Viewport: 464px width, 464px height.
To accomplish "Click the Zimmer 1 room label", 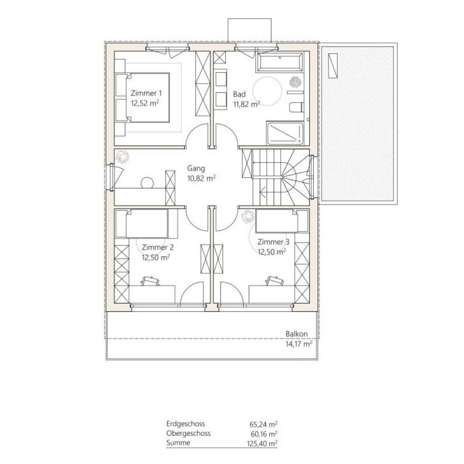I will tap(146, 92).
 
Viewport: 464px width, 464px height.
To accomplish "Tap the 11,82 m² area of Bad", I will tap(246, 104).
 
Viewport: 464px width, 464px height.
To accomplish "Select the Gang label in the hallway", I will tap(196, 168).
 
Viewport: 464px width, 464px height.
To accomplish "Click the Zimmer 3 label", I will tap(273, 242).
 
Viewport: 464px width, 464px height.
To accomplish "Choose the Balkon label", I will tap(296, 334).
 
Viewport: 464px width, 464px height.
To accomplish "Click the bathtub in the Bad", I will tap(280, 62).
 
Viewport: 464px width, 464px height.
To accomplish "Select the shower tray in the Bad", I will tap(285, 134).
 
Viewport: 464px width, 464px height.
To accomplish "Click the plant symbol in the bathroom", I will tap(295, 83).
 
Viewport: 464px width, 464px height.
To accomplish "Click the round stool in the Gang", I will tap(148, 182).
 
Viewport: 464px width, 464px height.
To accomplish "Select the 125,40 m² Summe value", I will tap(263, 443).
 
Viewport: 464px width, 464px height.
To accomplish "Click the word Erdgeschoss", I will tap(185, 424).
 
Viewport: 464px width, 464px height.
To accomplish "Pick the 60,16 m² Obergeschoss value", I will tap(263, 433).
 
